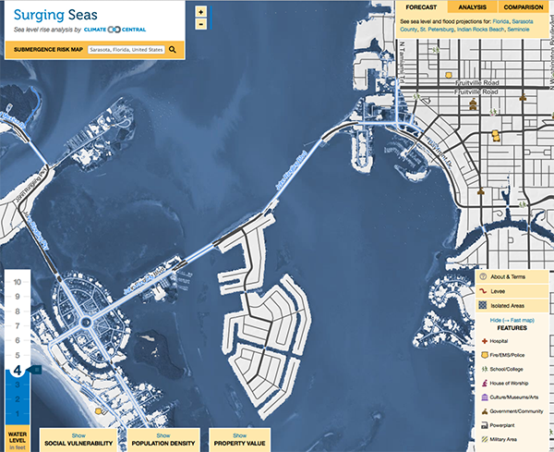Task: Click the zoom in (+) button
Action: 201,11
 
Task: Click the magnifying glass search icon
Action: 173,49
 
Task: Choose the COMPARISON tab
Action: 523,6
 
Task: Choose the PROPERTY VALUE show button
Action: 239,435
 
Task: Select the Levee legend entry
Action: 502,291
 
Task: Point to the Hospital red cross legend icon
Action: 484,341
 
